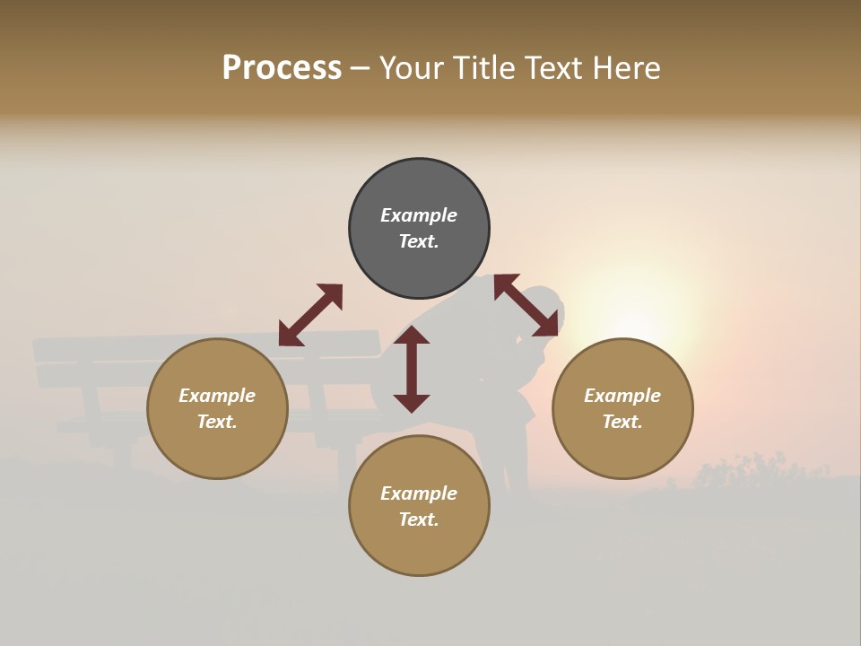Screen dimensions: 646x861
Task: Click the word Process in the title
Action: click(282, 68)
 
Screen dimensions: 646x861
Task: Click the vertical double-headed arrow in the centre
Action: click(412, 369)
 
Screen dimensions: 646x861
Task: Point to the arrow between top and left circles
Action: click(310, 314)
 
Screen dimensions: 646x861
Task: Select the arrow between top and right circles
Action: click(526, 305)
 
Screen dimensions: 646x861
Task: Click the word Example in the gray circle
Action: click(419, 215)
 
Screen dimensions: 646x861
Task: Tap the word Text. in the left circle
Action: click(217, 422)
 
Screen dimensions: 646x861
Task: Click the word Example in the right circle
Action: click(622, 396)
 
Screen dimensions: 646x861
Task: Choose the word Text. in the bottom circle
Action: click(419, 519)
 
